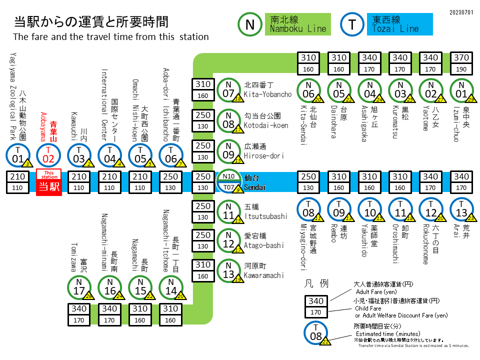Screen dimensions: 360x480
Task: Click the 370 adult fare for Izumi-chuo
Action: click(x=461, y=58)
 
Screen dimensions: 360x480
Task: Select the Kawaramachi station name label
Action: click(x=264, y=271)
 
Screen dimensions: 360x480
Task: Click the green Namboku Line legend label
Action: click(x=298, y=24)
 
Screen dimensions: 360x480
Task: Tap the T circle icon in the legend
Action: click(x=353, y=24)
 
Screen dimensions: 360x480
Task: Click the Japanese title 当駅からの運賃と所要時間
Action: click(x=90, y=21)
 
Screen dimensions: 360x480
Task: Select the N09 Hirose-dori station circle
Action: click(x=228, y=152)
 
